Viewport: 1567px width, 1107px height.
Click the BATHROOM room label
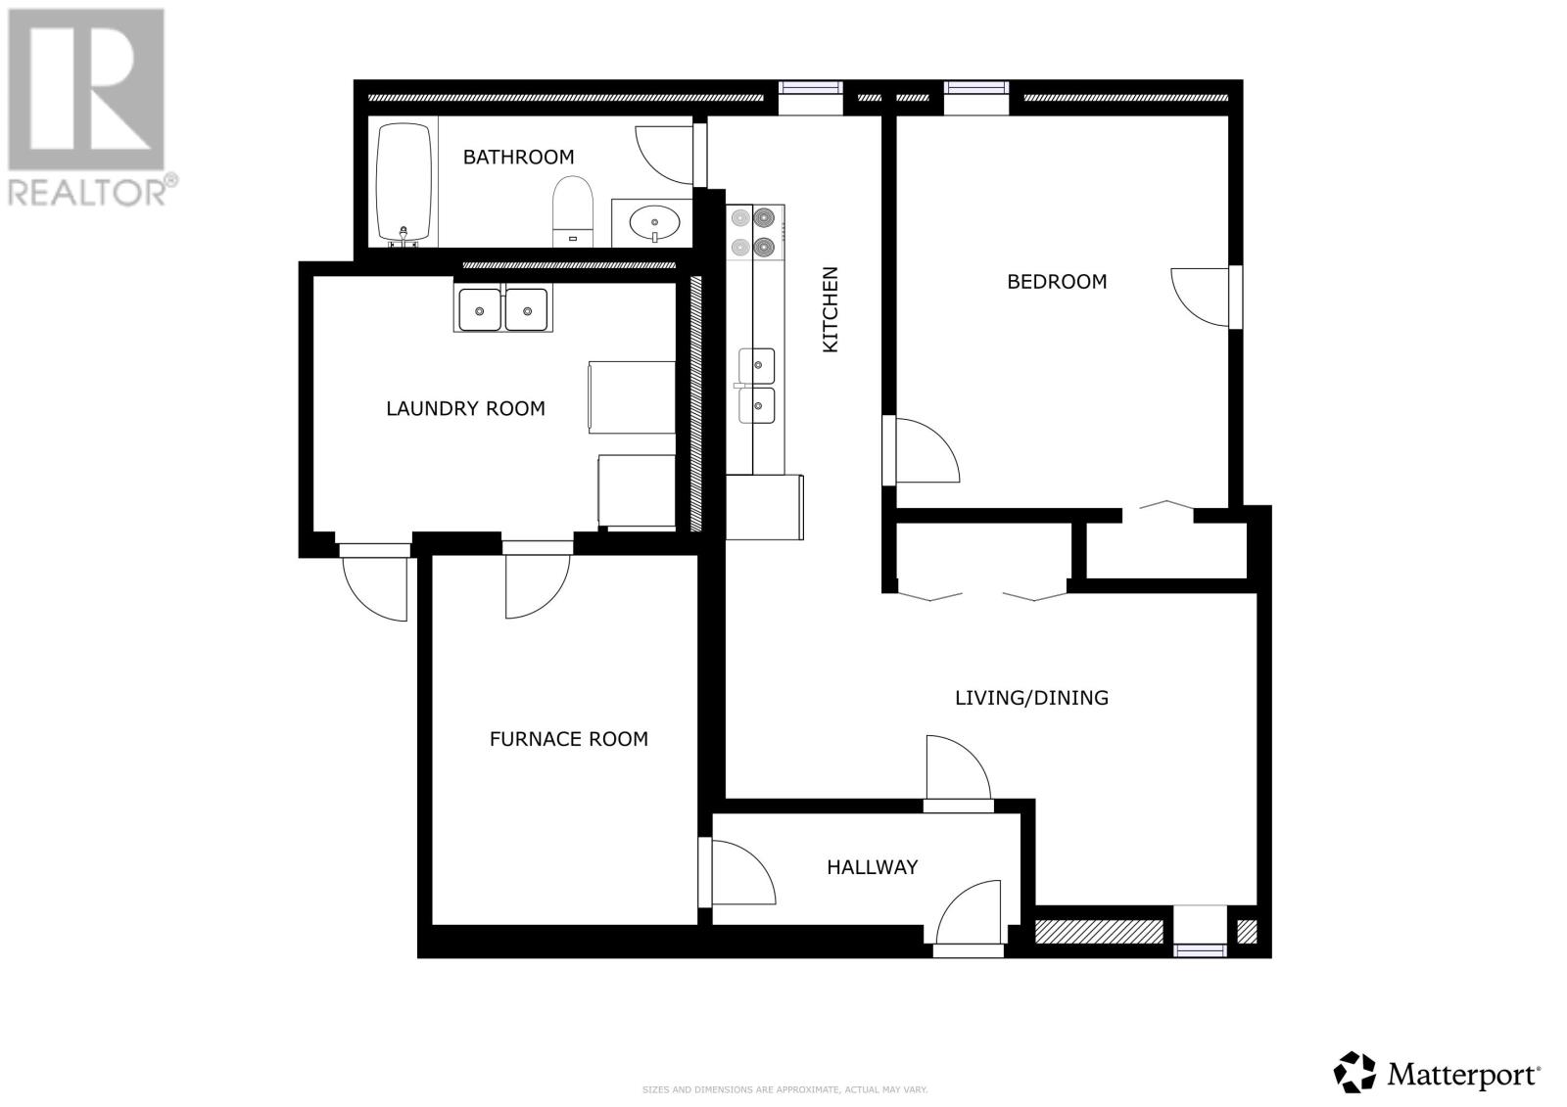click(x=518, y=157)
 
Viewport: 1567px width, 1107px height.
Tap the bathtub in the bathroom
click(x=404, y=182)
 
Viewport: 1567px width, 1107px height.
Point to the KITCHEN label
click(x=830, y=309)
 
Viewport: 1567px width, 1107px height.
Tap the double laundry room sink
click(x=502, y=309)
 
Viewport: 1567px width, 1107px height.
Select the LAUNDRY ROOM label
click(x=465, y=408)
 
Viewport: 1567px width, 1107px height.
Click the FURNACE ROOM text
click(x=568, y=739)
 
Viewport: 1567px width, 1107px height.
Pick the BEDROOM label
click(x=1057, y=282)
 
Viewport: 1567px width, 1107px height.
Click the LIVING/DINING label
click(x=1031, y=698)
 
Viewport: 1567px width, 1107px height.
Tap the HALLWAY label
click(x=872, y=867)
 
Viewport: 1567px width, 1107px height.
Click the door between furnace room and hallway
click(x=739, y=872)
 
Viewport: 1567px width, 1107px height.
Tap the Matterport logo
click(x=1439, y=1074)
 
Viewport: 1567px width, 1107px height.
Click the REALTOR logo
click(x=89, y=107)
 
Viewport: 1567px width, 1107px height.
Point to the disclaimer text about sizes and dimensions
click(x=784, y=1089)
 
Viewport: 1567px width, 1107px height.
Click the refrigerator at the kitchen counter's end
click(x=764, y=506)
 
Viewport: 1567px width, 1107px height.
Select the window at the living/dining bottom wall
click(x=1200, y=946)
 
